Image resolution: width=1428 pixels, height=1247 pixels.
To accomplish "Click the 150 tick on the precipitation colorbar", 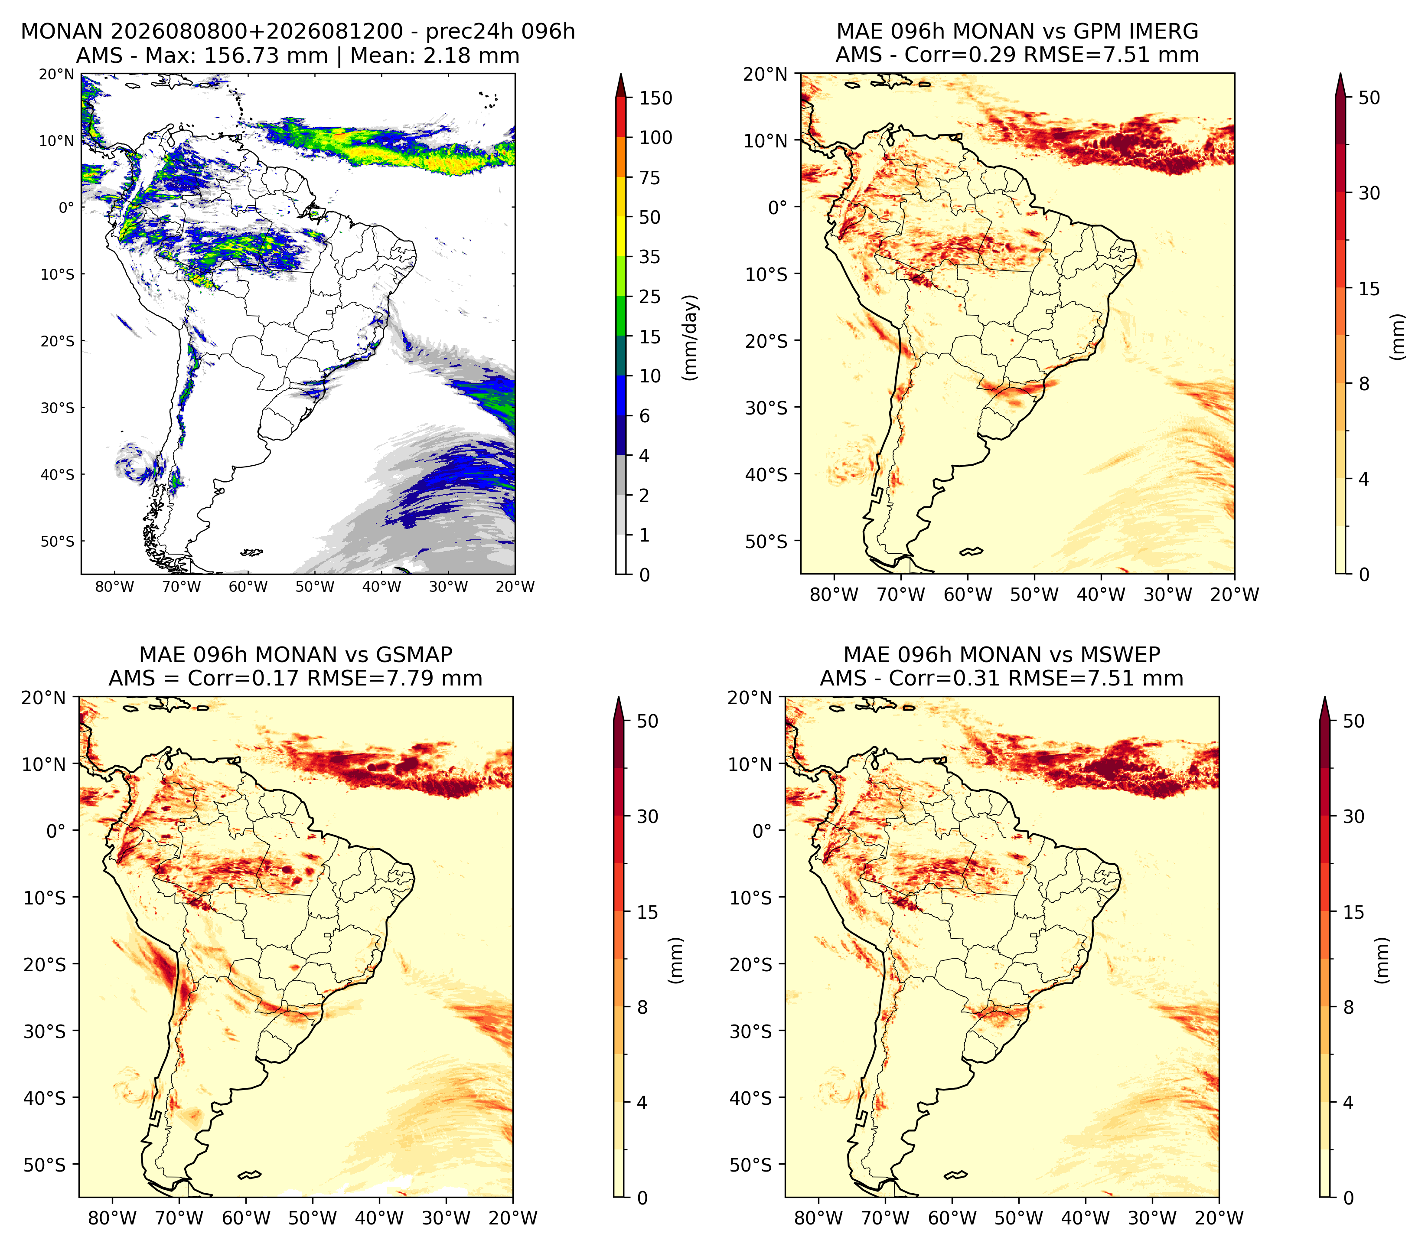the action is pyautogui.click(x=656, y=98).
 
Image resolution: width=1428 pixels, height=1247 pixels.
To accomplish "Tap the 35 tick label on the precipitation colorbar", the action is pyautogui.click(x=650, y=257).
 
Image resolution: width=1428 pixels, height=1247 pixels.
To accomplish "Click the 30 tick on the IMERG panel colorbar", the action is pyautogui.click(x=1369, y=193).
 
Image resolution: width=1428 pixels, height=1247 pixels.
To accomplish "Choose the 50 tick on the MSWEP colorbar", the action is pyautogui.click(x=1353, y=721).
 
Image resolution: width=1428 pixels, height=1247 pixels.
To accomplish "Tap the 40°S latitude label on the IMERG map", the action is pyautogui.click(x=767, y=475).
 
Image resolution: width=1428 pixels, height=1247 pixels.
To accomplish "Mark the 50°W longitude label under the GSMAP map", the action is pyautogui.click(x=313, y=1218).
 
